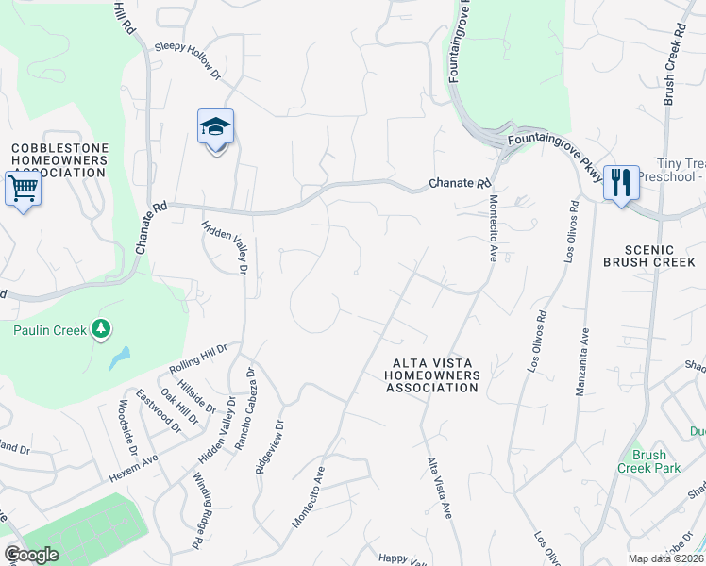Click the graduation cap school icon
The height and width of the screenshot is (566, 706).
pyautogui.click(x=215, y=127)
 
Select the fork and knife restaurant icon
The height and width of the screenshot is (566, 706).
pyautogui.click(x=620, y=182)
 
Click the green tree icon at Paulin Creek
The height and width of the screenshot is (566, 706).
pyautogui.click(x=101, y=329)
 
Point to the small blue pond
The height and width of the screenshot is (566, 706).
pyautogui.click(x=119, y=358)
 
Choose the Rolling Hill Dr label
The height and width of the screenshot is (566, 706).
pyautogui.click(x=198, y=358)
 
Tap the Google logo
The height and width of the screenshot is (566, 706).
pyautogui.click(x=31, y=555)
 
